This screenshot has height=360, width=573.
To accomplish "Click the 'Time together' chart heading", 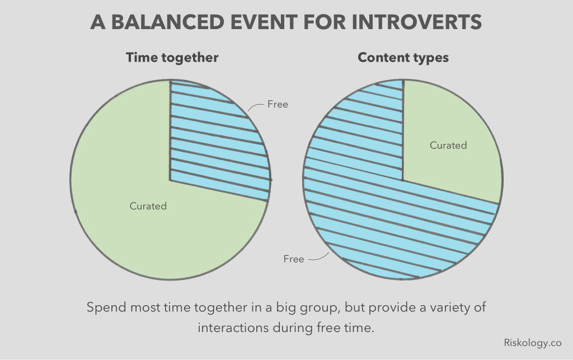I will [172, 58].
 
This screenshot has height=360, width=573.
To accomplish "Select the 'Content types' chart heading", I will [403, 58].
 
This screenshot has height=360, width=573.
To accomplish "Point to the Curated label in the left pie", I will [148, 206].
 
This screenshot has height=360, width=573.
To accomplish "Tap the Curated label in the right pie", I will [448, 146].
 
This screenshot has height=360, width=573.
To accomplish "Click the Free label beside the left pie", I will [278, 105].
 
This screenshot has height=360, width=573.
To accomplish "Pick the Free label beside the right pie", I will [294, 259].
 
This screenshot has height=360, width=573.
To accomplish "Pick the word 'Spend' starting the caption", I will [105, 308].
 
